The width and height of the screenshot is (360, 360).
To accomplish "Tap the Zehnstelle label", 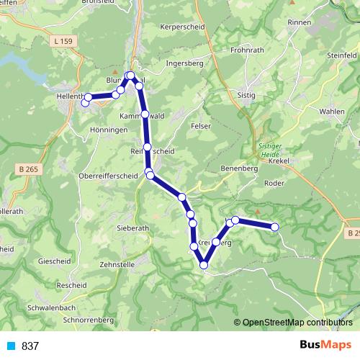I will click(118, 265).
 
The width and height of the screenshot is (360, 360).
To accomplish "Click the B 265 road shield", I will click(26, 168).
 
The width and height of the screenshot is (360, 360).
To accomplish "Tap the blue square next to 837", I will click(11, 346).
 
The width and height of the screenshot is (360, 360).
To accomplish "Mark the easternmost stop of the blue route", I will click(274, 227).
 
